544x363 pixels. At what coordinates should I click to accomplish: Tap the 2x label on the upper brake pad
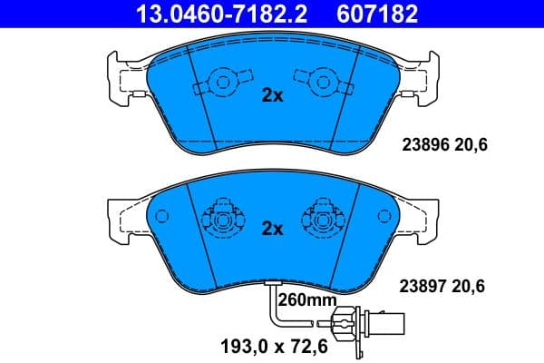point(272,95)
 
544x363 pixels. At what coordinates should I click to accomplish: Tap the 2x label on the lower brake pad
point(272,229)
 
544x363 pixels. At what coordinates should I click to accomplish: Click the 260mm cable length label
point(306,299)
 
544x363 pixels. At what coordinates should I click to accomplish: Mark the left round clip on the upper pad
point(219,84)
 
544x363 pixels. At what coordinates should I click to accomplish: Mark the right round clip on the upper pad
point(321,84)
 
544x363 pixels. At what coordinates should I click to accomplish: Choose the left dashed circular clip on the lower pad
point(221,217)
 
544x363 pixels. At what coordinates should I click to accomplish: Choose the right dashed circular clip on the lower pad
point(323,217)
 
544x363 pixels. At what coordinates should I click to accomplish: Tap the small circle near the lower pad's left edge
point(163,216)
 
